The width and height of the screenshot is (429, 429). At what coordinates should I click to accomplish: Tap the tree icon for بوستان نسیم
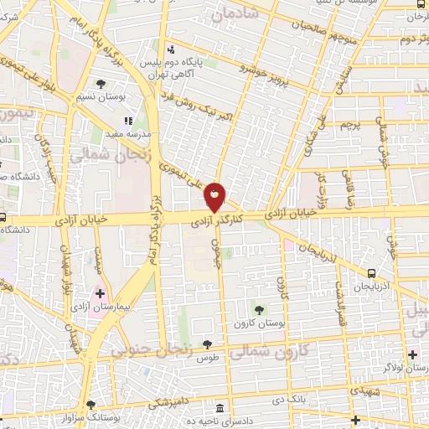101,84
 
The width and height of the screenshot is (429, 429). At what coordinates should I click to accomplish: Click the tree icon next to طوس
207,344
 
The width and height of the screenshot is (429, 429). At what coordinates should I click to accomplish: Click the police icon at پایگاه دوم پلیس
173,49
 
